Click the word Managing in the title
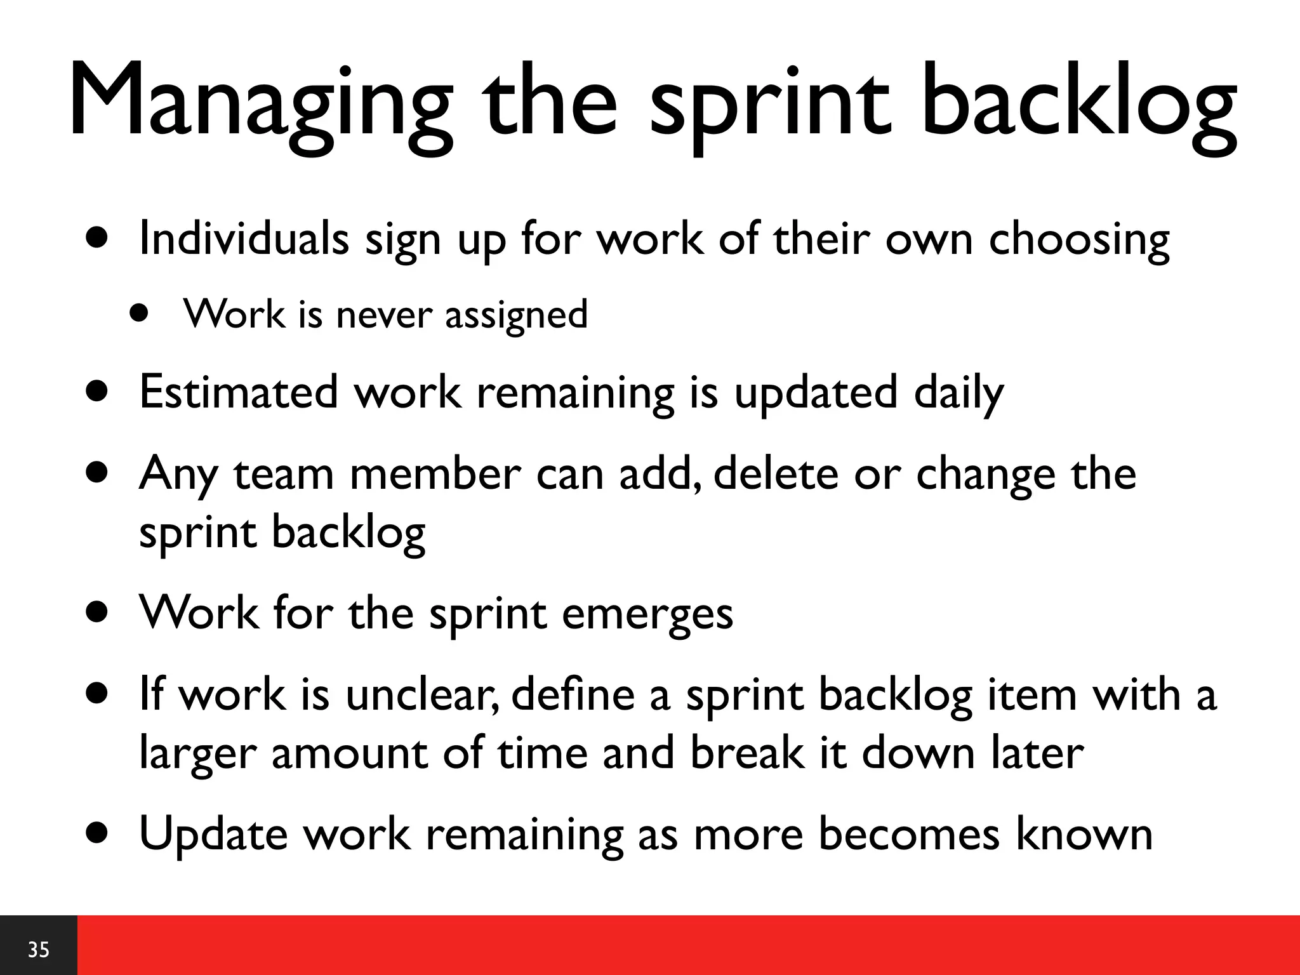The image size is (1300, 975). click(x=260, y=102)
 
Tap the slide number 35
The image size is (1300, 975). click(x=39, y=950)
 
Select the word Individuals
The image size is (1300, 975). click(x=244, y=239)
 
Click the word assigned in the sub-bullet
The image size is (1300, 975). click(x=516, y=315)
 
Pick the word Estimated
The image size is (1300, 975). click(x=238, y=392)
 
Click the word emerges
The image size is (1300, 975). click(x=647, y=614)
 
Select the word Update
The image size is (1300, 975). click(x=213, y=835)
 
